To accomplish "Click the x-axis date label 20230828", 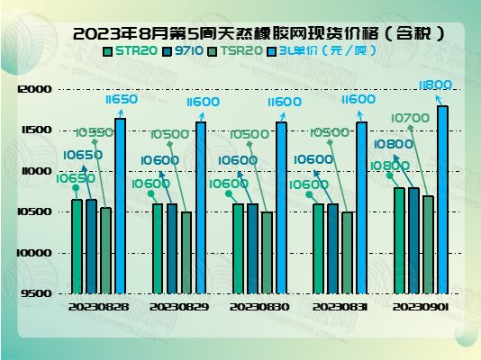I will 98,307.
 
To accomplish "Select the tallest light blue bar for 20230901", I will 442,199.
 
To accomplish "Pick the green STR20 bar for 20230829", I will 158,247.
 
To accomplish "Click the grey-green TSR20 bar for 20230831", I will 347,252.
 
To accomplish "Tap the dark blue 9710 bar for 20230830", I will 252,247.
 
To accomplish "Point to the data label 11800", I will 436,85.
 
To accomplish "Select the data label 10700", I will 411,118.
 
